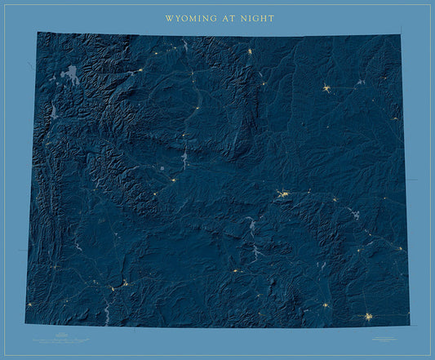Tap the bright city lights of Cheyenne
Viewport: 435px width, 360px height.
(369, 316)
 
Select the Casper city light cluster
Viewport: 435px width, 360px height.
(283, 194)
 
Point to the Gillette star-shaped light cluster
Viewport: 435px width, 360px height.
(326, 88)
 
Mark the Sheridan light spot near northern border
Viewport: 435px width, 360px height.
(250, 51)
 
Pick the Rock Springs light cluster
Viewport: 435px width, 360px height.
(124, 283)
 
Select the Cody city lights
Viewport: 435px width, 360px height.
(140, 71)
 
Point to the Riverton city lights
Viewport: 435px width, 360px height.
(174, 180)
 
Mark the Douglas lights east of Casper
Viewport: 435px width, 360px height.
(334, 199)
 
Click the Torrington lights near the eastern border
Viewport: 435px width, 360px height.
(400, 248)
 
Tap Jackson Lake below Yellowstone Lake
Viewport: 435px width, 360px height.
(54, 109)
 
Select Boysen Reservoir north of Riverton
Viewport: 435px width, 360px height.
(185, 157)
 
